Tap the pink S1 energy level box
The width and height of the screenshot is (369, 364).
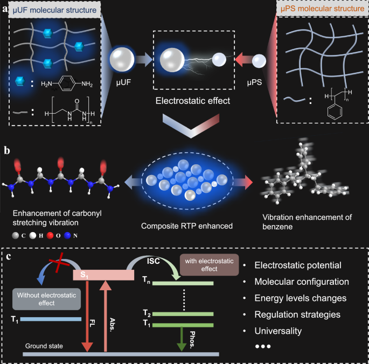pyautogui.click(x=103, y=275)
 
